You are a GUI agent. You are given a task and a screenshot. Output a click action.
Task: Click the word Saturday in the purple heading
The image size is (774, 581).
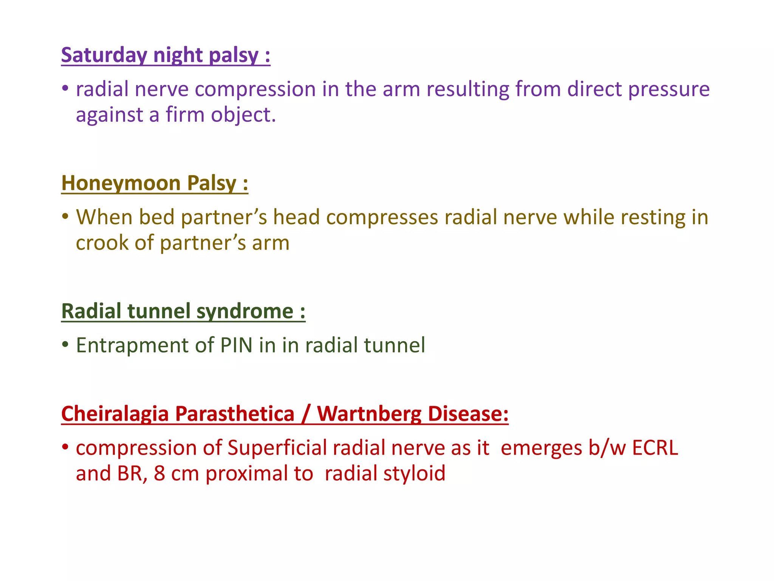click(104, 55)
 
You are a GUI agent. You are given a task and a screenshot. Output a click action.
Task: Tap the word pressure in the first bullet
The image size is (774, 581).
click(669, 89)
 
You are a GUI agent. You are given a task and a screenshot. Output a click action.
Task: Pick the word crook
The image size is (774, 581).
click(102, 243)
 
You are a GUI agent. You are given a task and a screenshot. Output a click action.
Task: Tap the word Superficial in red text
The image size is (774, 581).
click(277, 448)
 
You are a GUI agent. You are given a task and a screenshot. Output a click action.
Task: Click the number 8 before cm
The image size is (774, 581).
click(159, 474)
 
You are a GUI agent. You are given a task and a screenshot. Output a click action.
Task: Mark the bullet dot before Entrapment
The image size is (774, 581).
click(65, 344)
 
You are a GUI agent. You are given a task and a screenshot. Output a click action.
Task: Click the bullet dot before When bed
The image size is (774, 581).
click(65, 216)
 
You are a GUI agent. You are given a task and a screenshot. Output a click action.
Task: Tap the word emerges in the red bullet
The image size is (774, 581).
click(542, 448)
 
